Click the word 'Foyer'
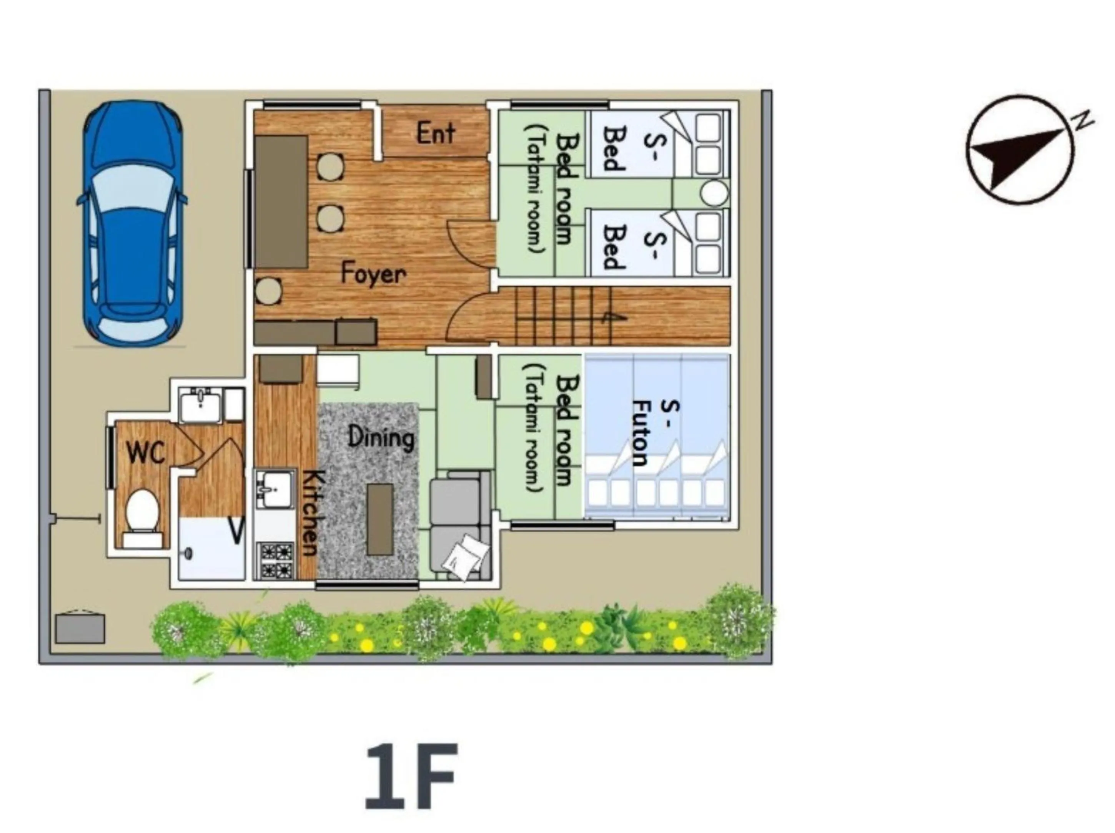[373, 274]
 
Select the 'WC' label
[146, 452]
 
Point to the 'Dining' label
[381, 437]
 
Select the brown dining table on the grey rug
[380, 520]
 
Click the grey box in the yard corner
[80, 628]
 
